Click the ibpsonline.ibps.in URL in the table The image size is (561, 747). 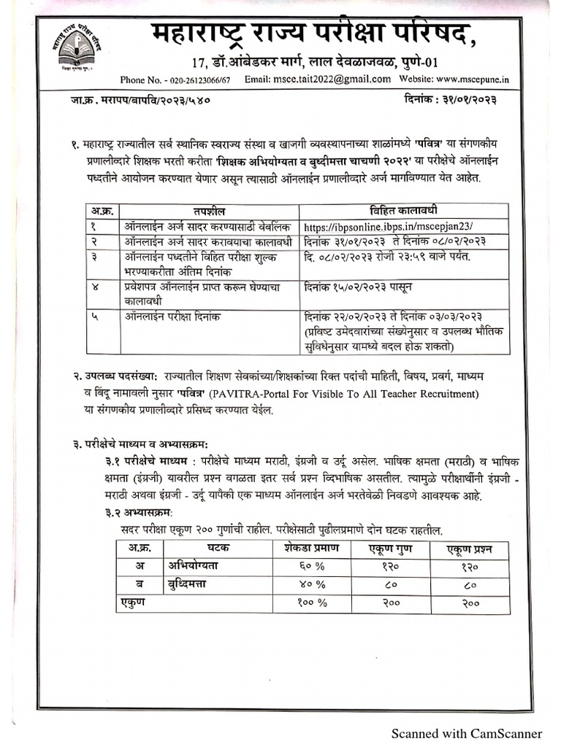[x=393, y=227]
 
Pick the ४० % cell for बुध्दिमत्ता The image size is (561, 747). [x=310, y=584]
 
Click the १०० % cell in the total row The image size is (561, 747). [x=311, y=603]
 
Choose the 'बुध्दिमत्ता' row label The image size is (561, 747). [x=192, y=584]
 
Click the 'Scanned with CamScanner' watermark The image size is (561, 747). [x=466, y=733]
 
